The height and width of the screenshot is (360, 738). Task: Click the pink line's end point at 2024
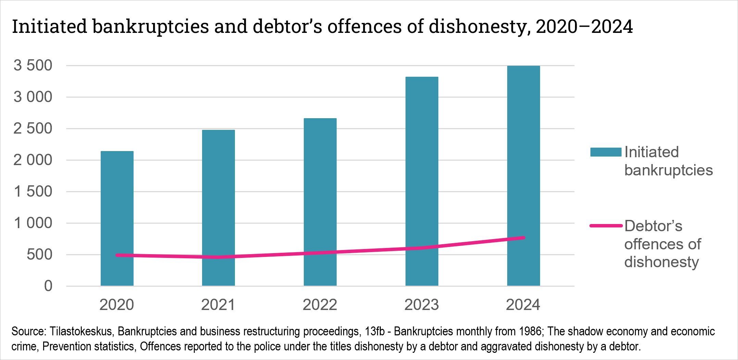523,238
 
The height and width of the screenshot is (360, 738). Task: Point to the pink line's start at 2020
117,255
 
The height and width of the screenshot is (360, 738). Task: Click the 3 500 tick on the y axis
33,65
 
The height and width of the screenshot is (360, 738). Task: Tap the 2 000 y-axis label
33,160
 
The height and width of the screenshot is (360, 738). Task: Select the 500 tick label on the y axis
39,255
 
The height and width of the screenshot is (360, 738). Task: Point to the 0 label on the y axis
48,286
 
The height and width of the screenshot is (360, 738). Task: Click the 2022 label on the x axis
320,305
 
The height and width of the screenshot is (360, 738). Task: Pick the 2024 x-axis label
523,305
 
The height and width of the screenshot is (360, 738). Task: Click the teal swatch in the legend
605,152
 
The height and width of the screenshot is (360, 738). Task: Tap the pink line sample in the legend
605,226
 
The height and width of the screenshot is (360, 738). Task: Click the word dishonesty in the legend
661,262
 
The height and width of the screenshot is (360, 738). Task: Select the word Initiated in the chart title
50,27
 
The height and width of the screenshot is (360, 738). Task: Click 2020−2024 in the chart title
584,27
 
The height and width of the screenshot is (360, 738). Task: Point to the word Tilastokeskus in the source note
81,332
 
